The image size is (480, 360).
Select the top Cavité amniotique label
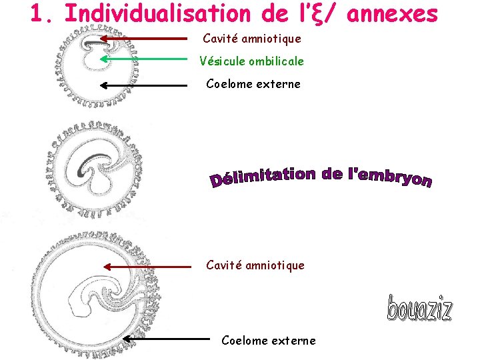pos(252,39)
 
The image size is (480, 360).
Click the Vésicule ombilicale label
pos(251,61)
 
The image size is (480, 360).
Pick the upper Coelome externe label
pos(253,84)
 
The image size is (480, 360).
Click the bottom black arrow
pos(166,339)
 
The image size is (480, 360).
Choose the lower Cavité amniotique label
pos(255,265)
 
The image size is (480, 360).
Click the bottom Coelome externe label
pos(269,341)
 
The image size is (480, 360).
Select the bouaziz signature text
pos(419,309)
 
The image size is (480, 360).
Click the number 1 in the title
pos(38,13)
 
